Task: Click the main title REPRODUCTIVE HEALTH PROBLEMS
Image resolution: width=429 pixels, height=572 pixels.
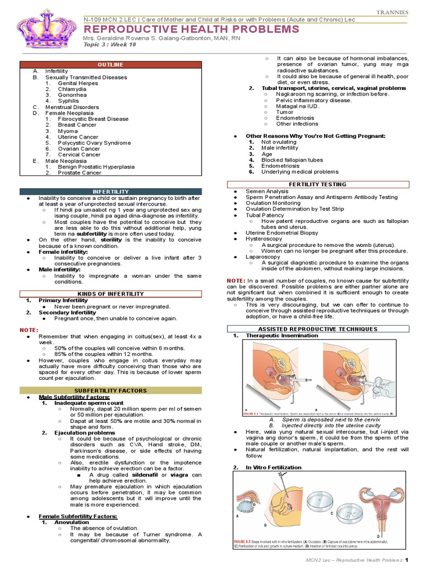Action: pyautogui.click(x=191, y=30)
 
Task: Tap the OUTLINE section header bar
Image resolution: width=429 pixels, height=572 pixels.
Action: pyautogui.click(x=111, y=65)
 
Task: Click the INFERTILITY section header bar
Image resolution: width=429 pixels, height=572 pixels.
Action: pyautogui.click(x=111, y=192)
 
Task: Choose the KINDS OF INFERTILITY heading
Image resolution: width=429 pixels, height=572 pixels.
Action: pyautogui.click(x=111, y=293)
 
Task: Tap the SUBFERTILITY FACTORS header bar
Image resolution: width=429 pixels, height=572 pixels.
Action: pyautogui.click(x=111, y=390)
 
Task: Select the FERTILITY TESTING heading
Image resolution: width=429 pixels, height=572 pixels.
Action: pyautogui.click(x=317, y=184)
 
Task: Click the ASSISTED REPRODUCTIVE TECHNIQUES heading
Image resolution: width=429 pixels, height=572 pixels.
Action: pyautogui.click(x=317, y=330)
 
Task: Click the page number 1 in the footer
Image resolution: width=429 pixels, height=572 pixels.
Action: pyautogui.click(x=407, y=560)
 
